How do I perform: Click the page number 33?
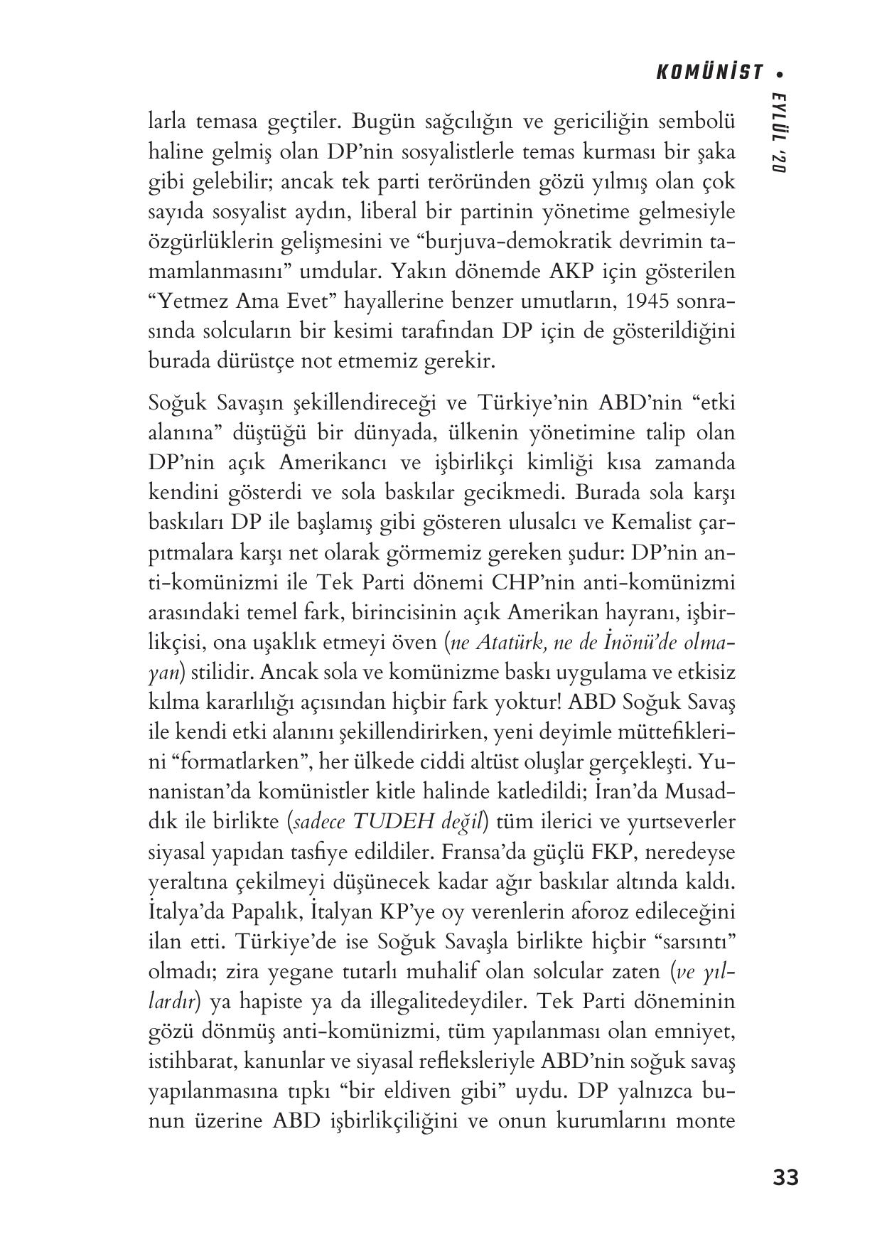[x=785, y=1178]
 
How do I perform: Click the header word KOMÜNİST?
[x=709, y=72]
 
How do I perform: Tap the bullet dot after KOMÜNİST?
[x=782, y=73]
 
